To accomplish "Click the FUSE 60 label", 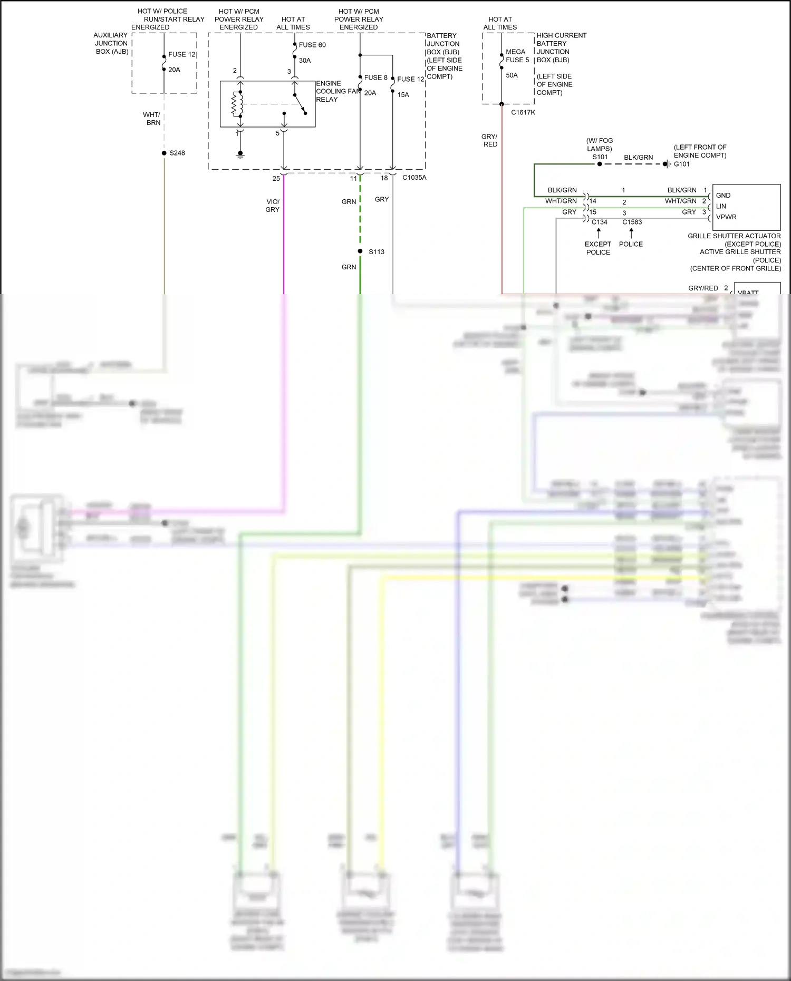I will pyautogui.click(x=312, y=45).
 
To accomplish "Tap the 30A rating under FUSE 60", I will pyautogui.click(x=305, y=61).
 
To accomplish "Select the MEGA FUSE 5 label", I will pyautogui.click(x=517, y=56).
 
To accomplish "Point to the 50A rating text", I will pyautogui.click(x=512, y=75).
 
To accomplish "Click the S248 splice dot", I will pyautogui.click(x=164, y=153).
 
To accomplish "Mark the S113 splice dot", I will pyautogui.click(x=360, y=251).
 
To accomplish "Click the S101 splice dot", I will pyautogui.click(x=600, y=164).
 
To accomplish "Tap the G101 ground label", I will pyautogui.click(x=681, y=164).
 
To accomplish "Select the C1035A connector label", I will pyautogui.click(x=414, y=178).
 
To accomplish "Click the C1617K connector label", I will pyautogui.click(x=523, y=112).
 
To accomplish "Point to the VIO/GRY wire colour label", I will pyautogui.click(x=273, y=206).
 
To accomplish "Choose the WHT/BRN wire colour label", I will pyautogui.click(x=152, y=119).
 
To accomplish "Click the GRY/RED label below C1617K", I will pyautogui.click(x=490, y=140).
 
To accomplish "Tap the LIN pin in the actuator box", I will pyautogui.click(x=721, y=206).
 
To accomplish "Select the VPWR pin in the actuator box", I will pyautogui.click(x=726, y=217).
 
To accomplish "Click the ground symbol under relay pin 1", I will pyautogui.click(x=240, y=155).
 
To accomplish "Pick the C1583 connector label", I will pyautogui.click(x=632, y=222).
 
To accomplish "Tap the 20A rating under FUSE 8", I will pyautogui.click(x=370, y=93).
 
